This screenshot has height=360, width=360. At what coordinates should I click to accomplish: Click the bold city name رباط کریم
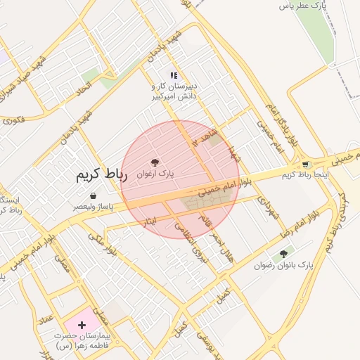point(101,175)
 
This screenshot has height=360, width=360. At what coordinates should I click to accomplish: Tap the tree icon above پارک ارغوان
point(155,162)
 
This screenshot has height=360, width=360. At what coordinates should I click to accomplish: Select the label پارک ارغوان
point(155,173)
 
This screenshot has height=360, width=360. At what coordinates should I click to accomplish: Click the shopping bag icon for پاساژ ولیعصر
point(93,196)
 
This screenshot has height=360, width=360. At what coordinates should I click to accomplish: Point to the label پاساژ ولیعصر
point(93,207)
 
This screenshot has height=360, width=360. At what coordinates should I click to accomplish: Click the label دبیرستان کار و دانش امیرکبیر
point(174,91)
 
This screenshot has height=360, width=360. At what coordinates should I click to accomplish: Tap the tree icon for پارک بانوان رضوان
point(283,254)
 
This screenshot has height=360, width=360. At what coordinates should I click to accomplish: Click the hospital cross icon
point(82,325)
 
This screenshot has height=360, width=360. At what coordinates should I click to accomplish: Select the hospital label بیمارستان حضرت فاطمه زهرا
point(83,340)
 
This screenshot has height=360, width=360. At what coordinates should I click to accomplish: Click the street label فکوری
point(14,121)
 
